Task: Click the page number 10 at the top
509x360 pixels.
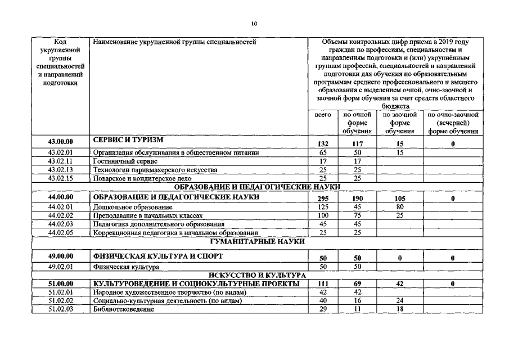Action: pyautogui.click(x=254, y=24)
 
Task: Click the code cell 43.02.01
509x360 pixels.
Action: pyautogui.click(x=61, y=152)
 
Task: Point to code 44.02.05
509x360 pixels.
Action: pyautogui.click(x=61, y=232)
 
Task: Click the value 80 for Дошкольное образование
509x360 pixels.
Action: pyautogui.click(x=400, y=207)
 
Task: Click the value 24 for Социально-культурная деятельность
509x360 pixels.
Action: pyautogui.click(x=400, y=301)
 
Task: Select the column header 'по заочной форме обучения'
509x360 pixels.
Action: pyautogui.click(x=400, y=123)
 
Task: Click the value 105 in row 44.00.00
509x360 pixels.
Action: pyautogui.click(x=400, y=199)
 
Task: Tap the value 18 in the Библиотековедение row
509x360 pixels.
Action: pyautogui.click(x=400, y=309)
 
